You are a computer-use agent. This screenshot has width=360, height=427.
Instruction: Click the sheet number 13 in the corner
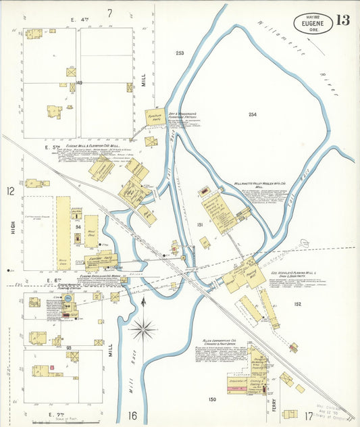[342, 20]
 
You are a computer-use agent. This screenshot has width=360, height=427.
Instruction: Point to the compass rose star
[143, 330]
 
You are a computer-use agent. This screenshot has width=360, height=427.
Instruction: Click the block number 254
[253, 115]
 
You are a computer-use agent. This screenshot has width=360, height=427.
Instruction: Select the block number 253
[180, 53]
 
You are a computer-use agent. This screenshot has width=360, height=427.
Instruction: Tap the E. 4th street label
[75, 20]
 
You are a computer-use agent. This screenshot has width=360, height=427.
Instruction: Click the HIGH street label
[14, 227]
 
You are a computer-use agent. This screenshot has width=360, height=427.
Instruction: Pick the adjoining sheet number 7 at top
[109, 12]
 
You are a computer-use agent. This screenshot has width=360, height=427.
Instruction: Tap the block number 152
[297, 304]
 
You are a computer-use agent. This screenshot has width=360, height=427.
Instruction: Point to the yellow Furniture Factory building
[155, 116]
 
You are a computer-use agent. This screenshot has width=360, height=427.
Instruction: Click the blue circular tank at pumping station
[67, 298]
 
